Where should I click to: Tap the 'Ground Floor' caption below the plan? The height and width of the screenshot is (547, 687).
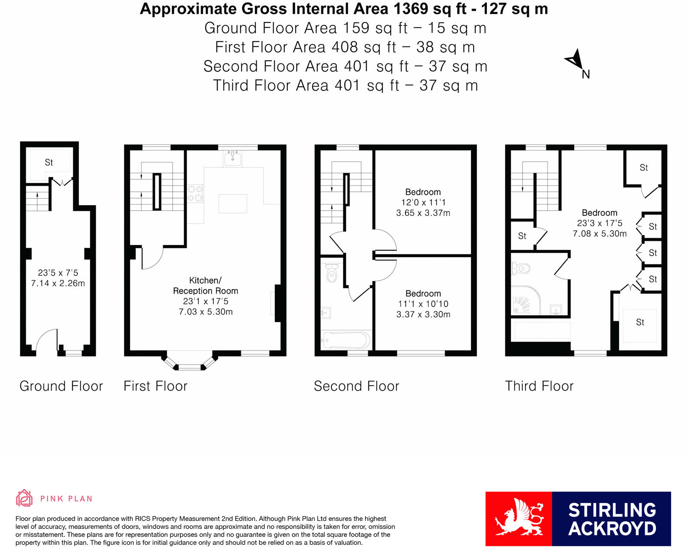coord(61,386)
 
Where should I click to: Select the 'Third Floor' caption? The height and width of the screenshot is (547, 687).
coord(539,386)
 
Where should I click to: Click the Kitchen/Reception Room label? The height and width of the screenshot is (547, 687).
coord(205,286)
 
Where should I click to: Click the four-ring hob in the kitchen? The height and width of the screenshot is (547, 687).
coord(195,193)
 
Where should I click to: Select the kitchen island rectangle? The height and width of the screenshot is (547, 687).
coord(233,203)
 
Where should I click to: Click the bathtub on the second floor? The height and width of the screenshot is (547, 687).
coord(346,340)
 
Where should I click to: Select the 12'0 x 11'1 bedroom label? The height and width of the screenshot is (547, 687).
coord(423,202)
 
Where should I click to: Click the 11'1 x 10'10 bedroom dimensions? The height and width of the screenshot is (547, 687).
coord(423,309)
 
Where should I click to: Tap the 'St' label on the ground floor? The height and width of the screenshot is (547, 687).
coord(49,162)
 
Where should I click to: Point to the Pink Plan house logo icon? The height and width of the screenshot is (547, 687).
coord(24,498)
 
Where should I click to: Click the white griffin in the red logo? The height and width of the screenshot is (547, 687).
coord(519,518)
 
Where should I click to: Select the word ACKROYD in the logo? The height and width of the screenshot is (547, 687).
coord(612,529)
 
